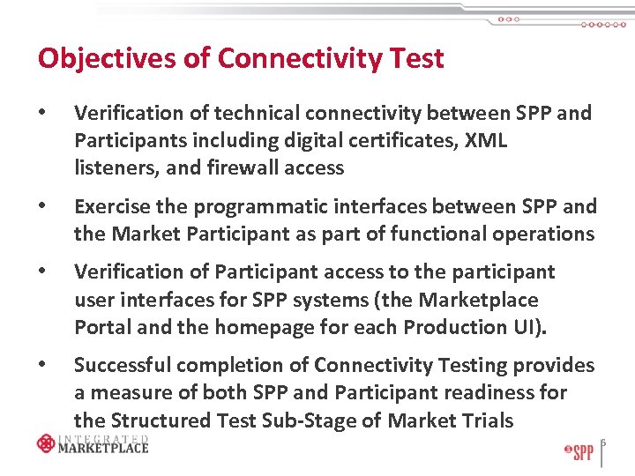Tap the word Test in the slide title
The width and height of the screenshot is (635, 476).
coord(414,59)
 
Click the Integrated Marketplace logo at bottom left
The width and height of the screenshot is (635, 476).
coord(93,443)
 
